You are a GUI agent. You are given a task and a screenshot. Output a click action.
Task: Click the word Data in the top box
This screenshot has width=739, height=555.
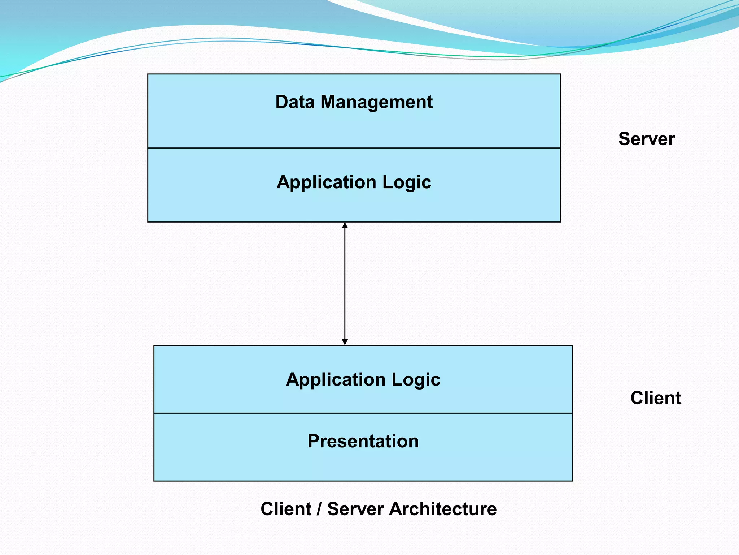[x=295, y=102]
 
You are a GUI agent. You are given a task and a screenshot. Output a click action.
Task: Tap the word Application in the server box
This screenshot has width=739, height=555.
[x=327, y=182]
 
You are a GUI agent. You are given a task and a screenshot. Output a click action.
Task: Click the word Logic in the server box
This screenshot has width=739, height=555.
[x=407, y=182]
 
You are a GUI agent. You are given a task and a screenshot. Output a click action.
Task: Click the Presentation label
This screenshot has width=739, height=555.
[x=363, y=441]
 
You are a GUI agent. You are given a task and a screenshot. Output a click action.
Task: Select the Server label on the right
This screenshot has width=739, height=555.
[x=646, y=139]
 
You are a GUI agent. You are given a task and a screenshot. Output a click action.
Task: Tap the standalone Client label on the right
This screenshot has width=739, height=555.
[x=656, y=398]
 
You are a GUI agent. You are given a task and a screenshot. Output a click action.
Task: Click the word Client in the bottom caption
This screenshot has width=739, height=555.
[x=286, y=509]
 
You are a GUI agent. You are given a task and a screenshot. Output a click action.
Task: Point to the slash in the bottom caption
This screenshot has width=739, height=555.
[x=319, y=509]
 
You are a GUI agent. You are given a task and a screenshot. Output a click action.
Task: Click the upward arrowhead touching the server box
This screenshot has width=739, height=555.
[x=345, y=225]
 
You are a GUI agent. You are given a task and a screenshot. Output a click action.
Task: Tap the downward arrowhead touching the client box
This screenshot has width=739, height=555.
[x=345, y=342]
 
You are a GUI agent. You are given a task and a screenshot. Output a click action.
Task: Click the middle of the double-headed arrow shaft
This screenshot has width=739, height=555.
[x=345, y=284]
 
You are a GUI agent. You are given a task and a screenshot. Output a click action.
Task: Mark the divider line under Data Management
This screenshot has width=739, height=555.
[x=354, y=148]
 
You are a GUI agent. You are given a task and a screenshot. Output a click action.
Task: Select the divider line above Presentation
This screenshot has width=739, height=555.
[x=363, y=413]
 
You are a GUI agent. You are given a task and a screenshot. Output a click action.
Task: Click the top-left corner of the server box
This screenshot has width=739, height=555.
[x=148, y=74]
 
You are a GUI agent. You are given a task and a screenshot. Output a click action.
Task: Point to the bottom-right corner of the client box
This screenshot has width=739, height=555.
[x=572, y=481]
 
